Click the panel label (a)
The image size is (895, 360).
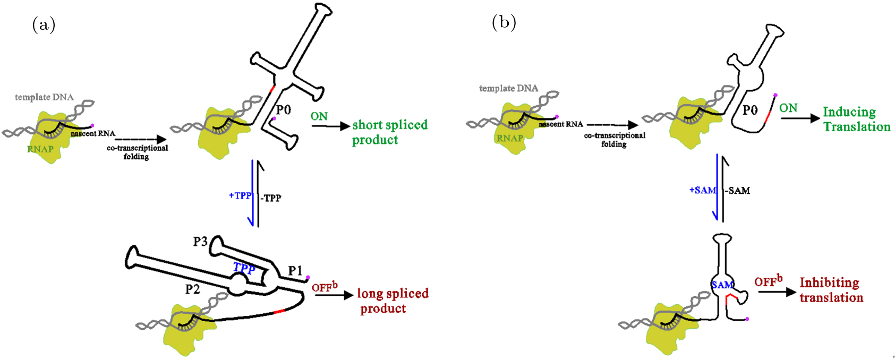(44, 25)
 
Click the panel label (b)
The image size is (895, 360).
(504, 22)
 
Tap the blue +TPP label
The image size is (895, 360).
(240, 195)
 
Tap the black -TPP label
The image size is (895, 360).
(271, 198)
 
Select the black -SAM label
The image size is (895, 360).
(737, 191)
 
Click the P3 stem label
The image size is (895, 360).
(200, 242)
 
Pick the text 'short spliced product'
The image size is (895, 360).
(389, 132)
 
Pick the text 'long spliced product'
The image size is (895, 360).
(392, 301)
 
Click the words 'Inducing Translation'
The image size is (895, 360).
(856, 119)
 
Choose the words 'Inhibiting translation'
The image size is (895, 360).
(831, 290)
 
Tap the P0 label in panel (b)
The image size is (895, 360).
(750, 110)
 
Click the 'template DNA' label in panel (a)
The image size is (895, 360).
(44, 97)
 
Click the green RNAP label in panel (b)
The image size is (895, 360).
(510, 138)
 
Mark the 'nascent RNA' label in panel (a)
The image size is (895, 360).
(92, 134)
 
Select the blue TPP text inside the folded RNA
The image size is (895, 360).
(244, 268)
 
